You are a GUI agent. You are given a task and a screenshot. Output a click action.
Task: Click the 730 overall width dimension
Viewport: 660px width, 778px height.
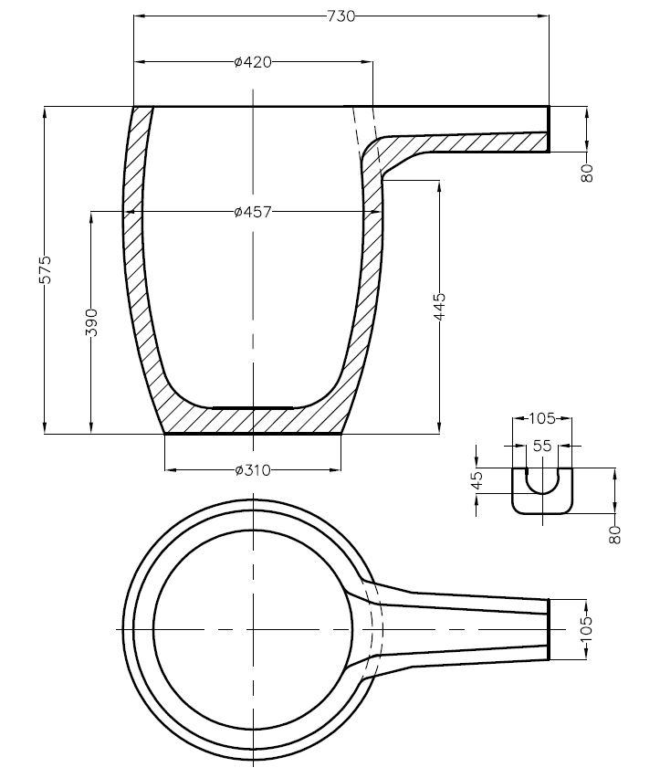click(x=341, y=16)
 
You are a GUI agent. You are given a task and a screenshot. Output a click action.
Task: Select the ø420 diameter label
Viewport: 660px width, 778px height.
click(x=253, y=62)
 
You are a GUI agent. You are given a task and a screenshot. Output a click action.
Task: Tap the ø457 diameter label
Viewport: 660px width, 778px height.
click(x=253, y=212)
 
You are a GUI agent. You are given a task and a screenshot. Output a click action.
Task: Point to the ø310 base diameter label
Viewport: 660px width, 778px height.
click(x=253, y=469)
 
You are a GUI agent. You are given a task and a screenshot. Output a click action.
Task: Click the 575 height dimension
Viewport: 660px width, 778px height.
click(x=46, y=269)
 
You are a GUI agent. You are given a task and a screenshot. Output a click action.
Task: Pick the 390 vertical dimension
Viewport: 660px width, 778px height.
click(x=91, y=322)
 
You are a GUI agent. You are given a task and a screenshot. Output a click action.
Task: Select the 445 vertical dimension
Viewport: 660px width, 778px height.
click(x=440, y=307)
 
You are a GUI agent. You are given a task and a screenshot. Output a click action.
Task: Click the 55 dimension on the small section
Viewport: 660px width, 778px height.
click(x=542, y=446)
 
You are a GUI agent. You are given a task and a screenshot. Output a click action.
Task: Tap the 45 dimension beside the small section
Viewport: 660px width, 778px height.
click(x=477, y=480)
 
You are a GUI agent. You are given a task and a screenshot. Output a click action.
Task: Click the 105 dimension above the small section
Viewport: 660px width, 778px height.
click(x=542, y=419)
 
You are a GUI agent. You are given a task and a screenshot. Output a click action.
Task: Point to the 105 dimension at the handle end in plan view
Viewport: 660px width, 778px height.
click(x=586, y=629)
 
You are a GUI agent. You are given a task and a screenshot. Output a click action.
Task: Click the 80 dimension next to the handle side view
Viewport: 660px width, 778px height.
click(x=587, y=173)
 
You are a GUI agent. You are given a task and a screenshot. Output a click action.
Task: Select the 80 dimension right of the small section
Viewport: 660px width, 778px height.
click(x=615, y=535)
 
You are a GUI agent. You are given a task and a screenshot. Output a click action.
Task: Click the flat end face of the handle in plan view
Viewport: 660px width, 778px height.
click(x=549, y=629)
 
